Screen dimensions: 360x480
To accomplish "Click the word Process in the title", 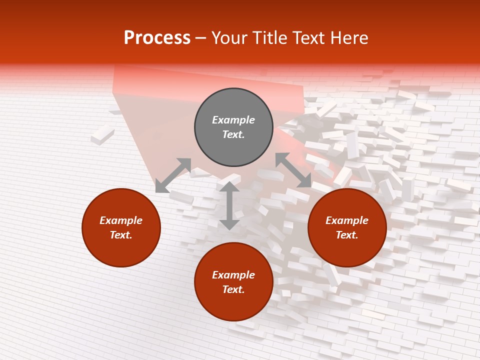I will coord(157,38).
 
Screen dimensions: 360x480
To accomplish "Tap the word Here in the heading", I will coord(348,38).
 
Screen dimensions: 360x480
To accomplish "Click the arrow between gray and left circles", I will coord(173,175).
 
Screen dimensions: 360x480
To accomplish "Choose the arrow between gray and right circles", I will coord(293,170).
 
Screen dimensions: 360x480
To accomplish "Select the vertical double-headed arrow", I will coord(229,205).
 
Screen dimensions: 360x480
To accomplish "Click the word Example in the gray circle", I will coord(233,120).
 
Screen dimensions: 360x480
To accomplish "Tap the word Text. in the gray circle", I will coord(233,134).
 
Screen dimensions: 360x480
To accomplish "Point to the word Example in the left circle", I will coord(121,220).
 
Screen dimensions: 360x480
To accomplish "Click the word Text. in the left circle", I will coord(121,235).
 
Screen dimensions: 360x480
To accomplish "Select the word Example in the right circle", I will coord(347,220).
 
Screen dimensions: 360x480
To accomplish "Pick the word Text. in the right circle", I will coord(347,235).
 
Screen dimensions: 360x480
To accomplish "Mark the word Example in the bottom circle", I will coord(233,275).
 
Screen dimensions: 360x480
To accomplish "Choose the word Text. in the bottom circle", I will coord(233,289).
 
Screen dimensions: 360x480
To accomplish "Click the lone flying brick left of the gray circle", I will coord(102,134).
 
